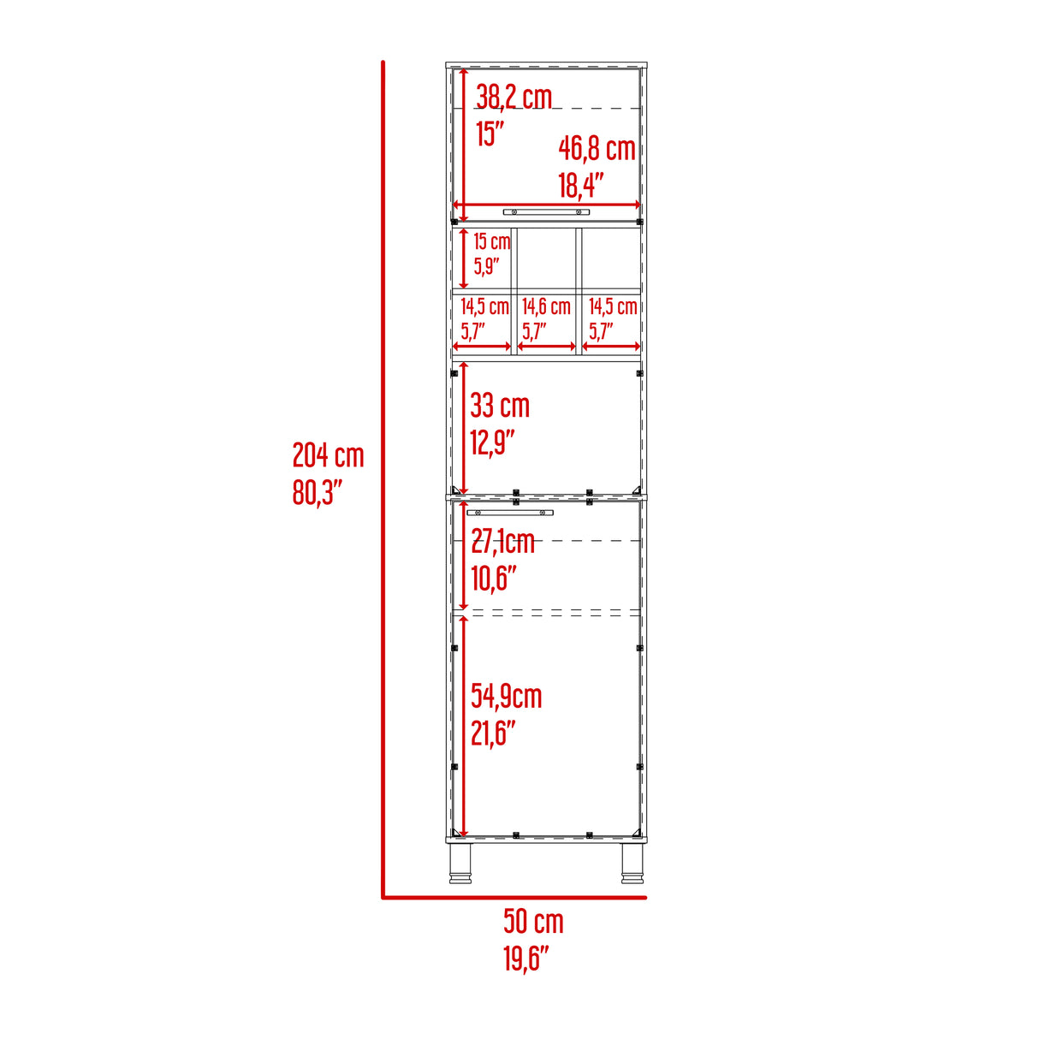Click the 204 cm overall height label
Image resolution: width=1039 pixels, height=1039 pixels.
328,455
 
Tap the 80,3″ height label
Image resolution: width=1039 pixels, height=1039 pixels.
318,493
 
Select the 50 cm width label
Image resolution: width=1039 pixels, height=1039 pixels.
533,921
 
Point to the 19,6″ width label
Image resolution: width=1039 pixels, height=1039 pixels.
525,959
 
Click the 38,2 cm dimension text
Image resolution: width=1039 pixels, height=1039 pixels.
514,97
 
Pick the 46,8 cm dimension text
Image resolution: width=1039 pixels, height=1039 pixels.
597,148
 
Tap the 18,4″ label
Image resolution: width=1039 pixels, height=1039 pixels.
581,185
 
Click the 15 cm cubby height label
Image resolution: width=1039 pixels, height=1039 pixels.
491,241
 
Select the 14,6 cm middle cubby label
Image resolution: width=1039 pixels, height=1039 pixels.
546,306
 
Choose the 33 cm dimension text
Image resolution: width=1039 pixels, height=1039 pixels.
500,406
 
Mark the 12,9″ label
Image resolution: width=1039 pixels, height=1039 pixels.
492,442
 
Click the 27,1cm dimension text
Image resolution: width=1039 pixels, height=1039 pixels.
502,541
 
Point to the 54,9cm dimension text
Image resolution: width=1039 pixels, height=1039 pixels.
506,697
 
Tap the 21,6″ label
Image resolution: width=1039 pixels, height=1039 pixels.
493,733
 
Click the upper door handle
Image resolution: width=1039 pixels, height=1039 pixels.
546,211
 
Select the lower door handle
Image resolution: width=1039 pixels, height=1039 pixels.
509,513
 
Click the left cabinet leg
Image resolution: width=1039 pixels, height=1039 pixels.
460,863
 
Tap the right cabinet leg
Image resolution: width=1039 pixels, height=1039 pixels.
633,863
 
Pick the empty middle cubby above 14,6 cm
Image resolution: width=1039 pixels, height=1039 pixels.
546,258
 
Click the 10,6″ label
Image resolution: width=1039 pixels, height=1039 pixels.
493,579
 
